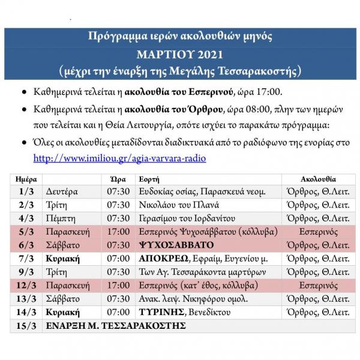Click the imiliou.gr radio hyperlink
click(119, 158)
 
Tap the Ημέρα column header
click(25, 179)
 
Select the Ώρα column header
click(118, 179)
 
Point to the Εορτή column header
click(149, 179)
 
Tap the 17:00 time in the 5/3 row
click(118, 232)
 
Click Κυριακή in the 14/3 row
click(63, 312)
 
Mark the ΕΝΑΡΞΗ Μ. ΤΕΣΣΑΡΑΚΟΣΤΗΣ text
click(116, 326)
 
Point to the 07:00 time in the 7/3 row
click(118, 259)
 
